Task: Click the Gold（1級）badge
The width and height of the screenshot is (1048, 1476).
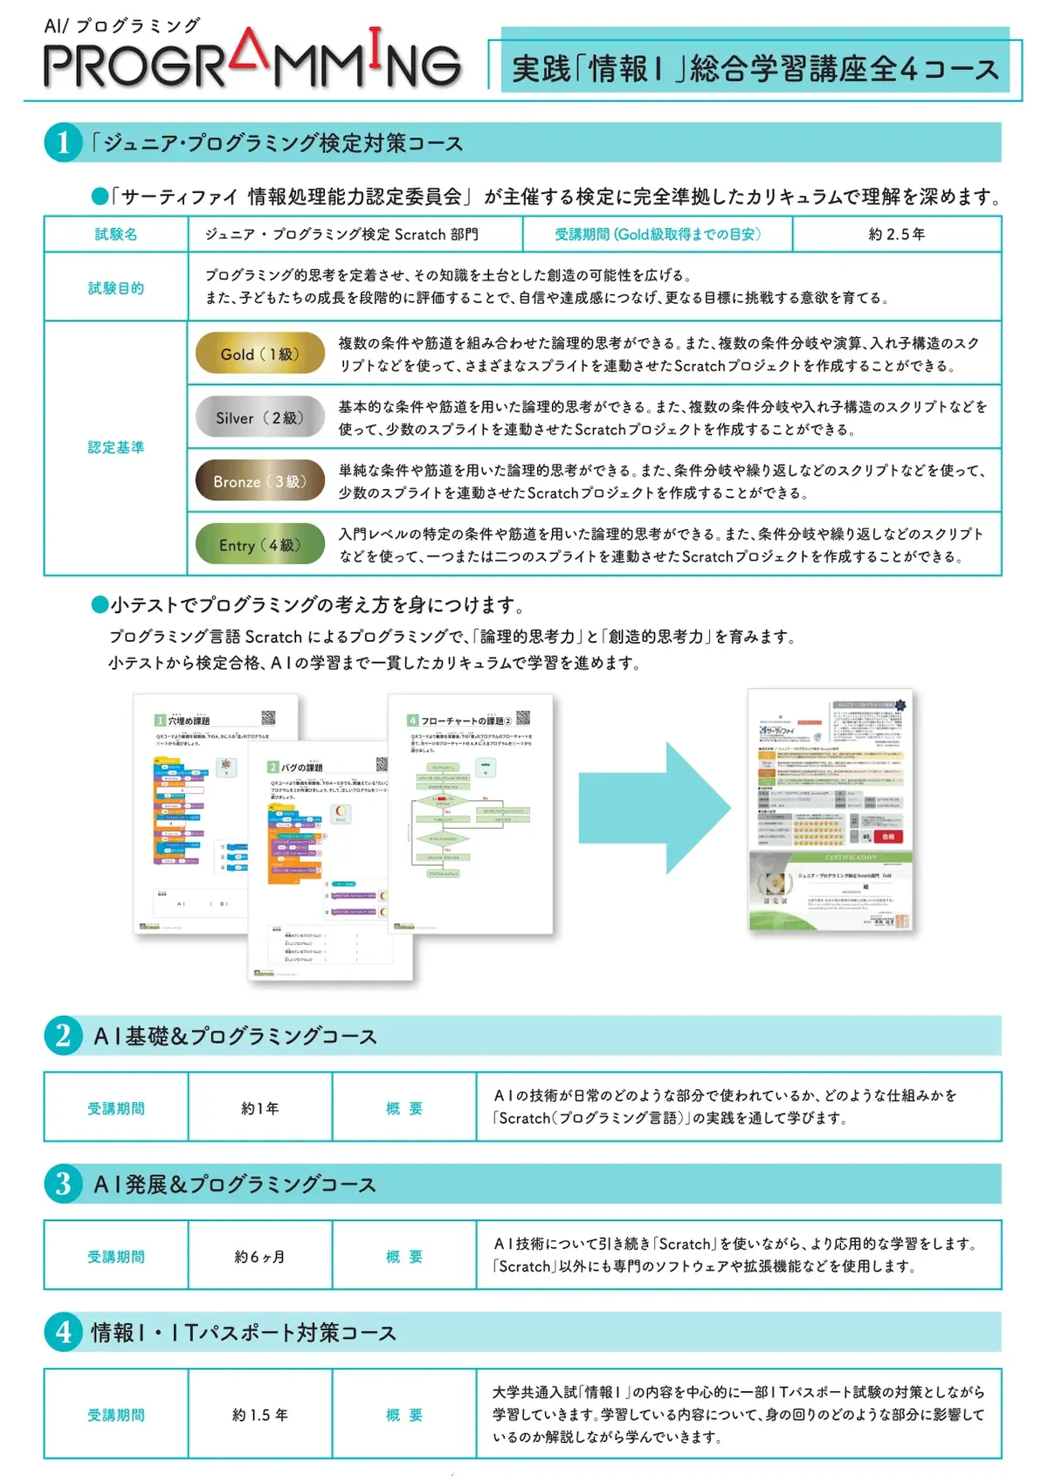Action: (259, 354)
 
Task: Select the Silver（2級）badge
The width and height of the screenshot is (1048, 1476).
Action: (259, 417)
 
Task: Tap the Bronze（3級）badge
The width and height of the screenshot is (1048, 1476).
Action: (259, 481)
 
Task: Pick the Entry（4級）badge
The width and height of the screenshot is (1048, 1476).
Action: (259, 545)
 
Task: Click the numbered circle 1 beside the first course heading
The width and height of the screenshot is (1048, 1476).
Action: (63, 142)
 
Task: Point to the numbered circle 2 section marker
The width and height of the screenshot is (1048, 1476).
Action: (63, 1036)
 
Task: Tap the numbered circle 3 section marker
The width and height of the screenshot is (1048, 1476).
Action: (63, 1184)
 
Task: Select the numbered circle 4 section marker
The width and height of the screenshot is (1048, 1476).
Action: (63, 1333)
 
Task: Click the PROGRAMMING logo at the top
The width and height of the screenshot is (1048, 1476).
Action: (252, 61)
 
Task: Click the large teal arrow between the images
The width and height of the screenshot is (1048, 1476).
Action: (653, 808)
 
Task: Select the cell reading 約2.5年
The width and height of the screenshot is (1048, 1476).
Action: (896, 234)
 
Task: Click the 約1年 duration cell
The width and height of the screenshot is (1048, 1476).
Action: (260, 1108)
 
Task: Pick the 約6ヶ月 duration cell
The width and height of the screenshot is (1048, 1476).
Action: (260, 1257)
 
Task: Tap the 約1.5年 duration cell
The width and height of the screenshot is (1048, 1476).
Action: (260, 1415)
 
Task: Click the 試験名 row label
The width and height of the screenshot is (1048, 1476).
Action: (116, 234)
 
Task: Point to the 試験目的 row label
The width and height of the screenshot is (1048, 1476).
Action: (116, 288)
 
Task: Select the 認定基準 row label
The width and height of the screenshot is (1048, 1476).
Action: (116, 447)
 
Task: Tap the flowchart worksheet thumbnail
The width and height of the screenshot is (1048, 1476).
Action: (471, 813)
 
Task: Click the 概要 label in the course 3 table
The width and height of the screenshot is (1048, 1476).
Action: (404, 1257)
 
